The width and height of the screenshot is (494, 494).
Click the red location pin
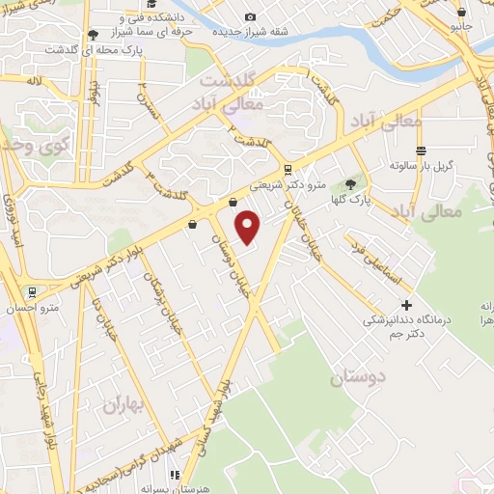coord(249,227)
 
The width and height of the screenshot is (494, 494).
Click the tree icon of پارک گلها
coord(349,183)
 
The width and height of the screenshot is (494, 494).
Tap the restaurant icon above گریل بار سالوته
coord(421,151)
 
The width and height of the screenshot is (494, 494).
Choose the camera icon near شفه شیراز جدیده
coord(251,16)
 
